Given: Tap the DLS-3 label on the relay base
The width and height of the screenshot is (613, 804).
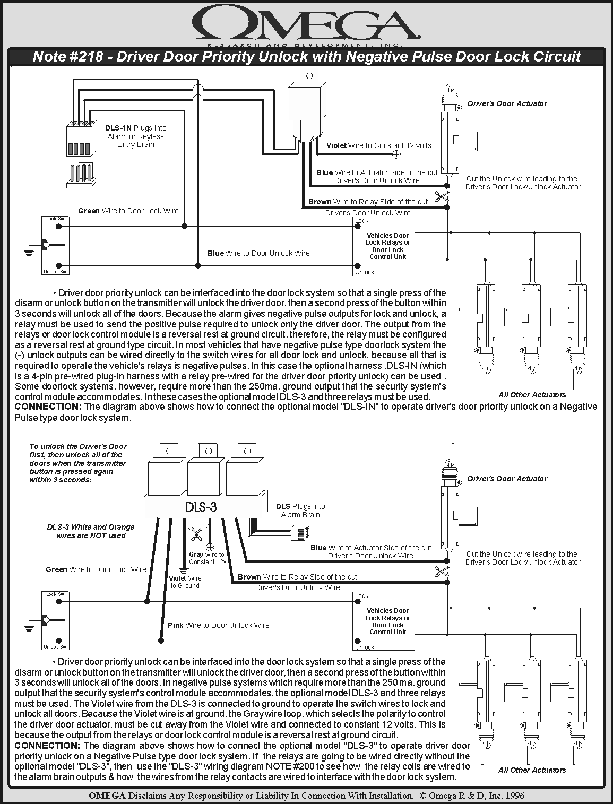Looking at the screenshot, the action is point(201,507).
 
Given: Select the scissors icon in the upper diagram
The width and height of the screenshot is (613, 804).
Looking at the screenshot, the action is point(442,197).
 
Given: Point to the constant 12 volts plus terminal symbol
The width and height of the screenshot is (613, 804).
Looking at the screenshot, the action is point(396,154).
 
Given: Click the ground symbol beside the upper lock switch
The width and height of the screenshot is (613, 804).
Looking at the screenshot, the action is point(29,252).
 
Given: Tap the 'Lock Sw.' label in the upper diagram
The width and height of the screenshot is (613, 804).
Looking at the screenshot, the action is point(56,219).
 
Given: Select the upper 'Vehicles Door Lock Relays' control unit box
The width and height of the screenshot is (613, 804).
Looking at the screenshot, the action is point(384,246).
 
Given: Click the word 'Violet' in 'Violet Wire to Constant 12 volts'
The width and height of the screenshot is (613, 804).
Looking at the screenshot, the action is point(336,145).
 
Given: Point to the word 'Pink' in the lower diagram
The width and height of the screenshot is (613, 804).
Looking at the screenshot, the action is point(175,625).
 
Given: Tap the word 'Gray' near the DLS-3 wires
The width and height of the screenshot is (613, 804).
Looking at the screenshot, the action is point(196,555).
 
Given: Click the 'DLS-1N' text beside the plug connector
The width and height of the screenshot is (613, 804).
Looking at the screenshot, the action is point(118,128).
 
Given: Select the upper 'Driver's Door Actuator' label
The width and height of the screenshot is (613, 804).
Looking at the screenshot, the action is point(507,103).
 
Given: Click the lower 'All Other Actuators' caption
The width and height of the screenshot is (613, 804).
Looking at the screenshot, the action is point(532,770).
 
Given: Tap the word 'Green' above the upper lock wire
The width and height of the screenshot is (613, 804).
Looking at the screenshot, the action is point(89,211).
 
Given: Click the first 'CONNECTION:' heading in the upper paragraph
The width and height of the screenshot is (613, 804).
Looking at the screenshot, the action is point(48,406).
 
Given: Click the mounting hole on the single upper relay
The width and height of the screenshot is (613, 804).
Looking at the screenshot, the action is point(309,76).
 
